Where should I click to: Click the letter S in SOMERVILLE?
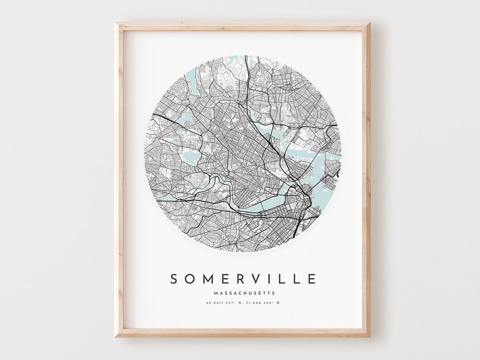175,279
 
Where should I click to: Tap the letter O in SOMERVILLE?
190,279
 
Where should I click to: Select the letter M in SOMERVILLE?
208,279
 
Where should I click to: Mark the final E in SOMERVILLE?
312,279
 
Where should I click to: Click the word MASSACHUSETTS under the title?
244,293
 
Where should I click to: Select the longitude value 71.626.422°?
262,303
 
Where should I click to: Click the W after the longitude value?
280,303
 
